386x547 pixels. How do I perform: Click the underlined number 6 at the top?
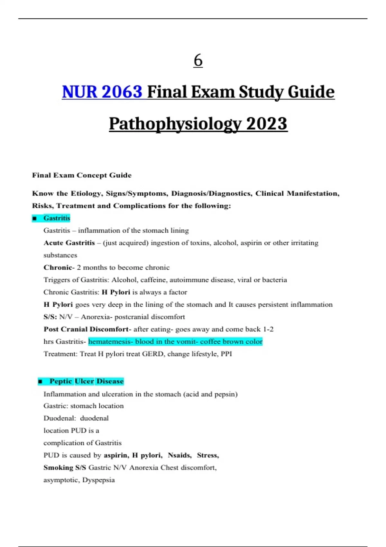198,60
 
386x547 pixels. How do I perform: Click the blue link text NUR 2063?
102,92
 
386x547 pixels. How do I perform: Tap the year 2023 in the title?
267,124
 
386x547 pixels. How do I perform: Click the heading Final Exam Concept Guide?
82,175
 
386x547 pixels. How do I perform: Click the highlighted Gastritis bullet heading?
57,218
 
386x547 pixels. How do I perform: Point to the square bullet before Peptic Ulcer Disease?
40,382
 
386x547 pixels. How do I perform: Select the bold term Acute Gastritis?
69,243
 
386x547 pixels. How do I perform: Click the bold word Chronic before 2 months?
58,268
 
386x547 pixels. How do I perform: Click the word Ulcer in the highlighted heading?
85,381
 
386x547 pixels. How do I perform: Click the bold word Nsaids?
179,455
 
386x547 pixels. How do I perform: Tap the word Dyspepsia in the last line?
98,480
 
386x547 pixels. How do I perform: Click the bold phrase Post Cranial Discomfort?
86,329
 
